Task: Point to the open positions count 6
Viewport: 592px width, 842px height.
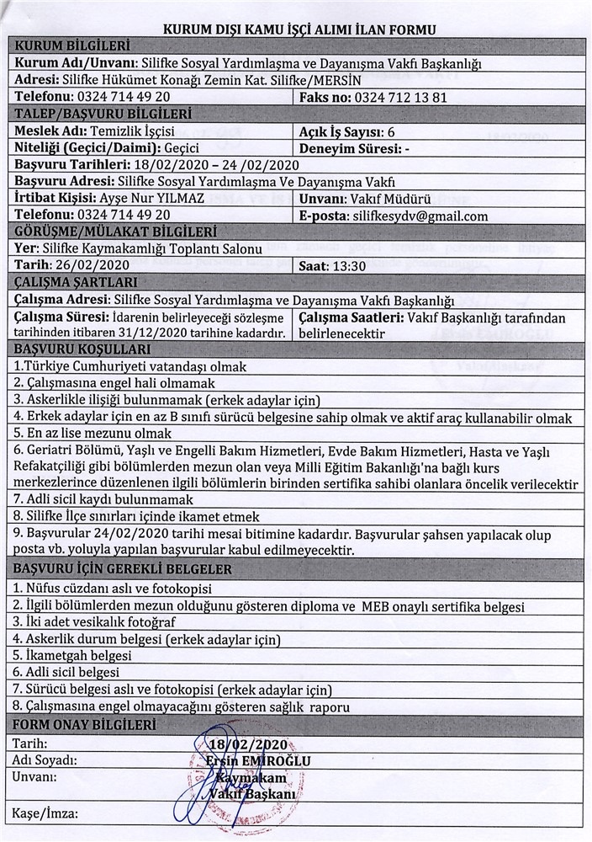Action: click(x=391, y=132)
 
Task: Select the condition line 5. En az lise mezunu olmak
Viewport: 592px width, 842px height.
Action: click(x=93, y=433)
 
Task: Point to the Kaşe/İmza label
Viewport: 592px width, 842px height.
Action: click(x=46, y=813)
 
